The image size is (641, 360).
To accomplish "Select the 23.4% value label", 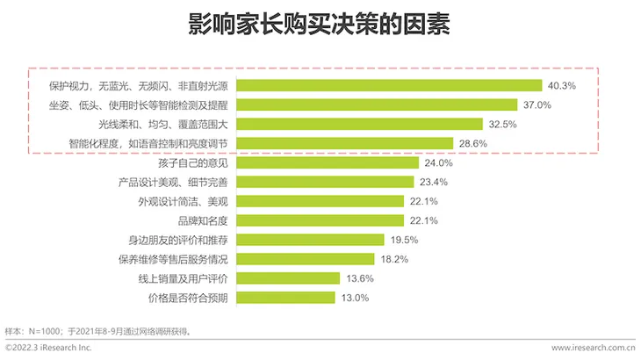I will coord(434,182).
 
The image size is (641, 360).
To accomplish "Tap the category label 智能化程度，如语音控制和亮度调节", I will coord(149,144).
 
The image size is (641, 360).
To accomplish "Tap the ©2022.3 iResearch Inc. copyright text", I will coord(48,349).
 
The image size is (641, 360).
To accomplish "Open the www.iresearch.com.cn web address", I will coord(593,349).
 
